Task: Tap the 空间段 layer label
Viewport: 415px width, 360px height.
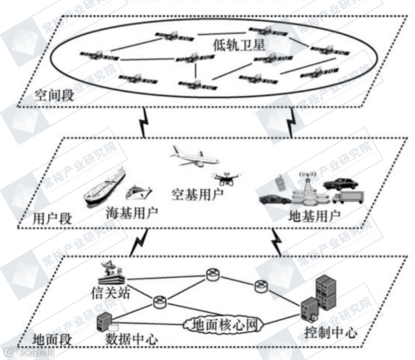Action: (x=54, y=95)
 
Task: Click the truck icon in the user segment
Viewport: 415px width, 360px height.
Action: (x=348, y=197)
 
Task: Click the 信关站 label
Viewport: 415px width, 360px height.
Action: (x=110, y=292)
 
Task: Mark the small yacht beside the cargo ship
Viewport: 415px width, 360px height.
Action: (x=140, y=192)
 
